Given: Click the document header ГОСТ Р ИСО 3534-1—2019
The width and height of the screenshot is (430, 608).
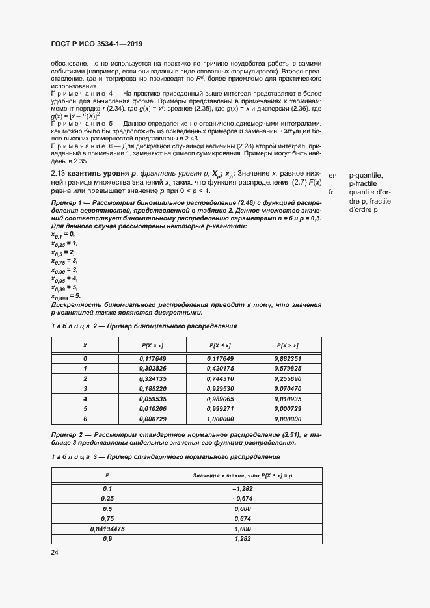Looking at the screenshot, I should click(x=96, y=44).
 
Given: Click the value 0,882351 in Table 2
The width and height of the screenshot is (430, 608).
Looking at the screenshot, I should click(x=288, y=358).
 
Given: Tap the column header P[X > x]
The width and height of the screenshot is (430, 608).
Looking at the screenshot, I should click(x=288, y=345).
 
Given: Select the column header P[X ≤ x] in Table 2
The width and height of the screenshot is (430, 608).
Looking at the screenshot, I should click(x=221, y=345).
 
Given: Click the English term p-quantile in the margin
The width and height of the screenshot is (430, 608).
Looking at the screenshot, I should click(x=366, y=176).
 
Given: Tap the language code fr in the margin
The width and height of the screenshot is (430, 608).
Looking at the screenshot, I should click(x=332, y=192).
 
